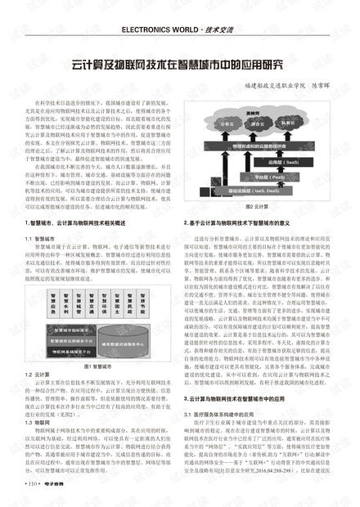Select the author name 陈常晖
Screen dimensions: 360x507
click(x=323, y=85)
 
